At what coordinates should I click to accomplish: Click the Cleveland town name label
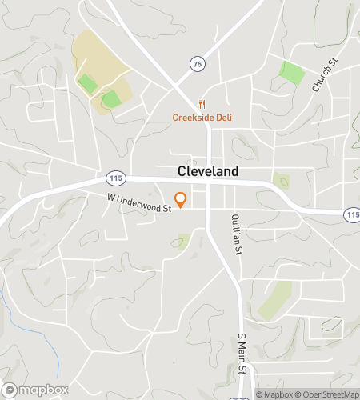(x=207, y=172)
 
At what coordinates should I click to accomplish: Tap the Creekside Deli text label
(x=202, y=118)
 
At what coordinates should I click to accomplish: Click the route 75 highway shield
(x=196, y=64)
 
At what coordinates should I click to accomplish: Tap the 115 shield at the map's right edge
(x=352, y=214)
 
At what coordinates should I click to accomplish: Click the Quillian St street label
(x=236, y=234)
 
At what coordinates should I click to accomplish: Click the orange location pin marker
(x=181, y=199)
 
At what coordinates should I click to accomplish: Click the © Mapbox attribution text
(x=274, y=394)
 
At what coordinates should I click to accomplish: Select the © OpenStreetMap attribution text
(x=326, y=394)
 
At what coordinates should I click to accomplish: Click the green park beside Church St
(x=292, y=74)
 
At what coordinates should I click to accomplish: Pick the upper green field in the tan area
(x=87, y=82)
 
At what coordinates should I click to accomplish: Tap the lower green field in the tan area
(x=111, y=99)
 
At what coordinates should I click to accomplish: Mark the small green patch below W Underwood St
(x=184, y=241)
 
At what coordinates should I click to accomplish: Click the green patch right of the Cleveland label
(x=282, y=181)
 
